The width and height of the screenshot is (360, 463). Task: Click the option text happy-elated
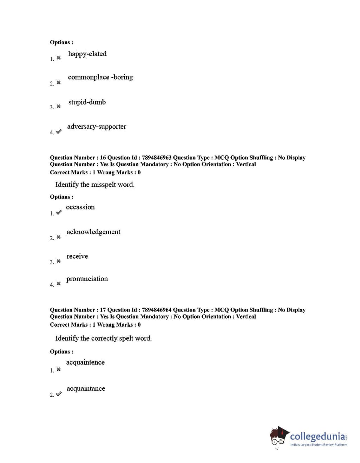click(x=87, y=54)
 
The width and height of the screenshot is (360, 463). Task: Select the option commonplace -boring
click(x=100, y=77)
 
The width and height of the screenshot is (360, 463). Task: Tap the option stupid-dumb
click(x=87, y=102)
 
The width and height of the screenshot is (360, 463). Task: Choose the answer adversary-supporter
click(x=97, y=127)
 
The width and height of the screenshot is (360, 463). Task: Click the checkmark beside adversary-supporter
click(x=59, y=131)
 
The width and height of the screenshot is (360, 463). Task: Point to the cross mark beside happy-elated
click(x=59, y=58)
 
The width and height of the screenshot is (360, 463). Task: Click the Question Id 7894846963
click(x=156, y=157)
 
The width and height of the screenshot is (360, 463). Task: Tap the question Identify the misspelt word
click(x=94, y=185)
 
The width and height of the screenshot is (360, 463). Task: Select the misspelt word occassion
click(x=80, y=207)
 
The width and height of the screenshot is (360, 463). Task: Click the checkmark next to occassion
click(x=59, y=212)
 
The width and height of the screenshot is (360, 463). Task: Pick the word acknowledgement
click(x=93, y=232)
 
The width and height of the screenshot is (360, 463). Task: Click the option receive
click(x=77, y=256)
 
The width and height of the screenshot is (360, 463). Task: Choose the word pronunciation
click(x=87, y=279)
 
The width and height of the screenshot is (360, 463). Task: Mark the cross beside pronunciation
click(x=59, y=283)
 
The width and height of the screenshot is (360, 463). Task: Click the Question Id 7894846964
click(x=156, y=310)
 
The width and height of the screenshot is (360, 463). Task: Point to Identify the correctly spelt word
click(x=103, y=338)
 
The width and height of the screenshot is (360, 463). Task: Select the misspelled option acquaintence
click(x=85, y=362)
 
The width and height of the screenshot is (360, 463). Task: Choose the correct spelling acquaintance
click(x=86, y=388)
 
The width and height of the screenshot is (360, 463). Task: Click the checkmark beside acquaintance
click(x=59, y=394)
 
